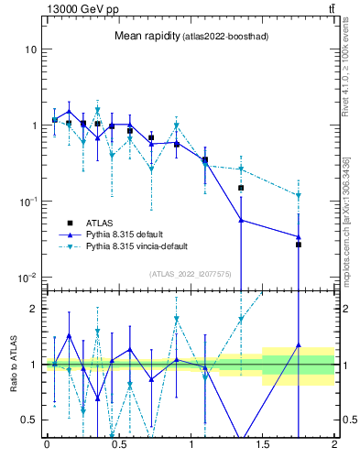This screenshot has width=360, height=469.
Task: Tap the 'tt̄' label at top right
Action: pos(331,8)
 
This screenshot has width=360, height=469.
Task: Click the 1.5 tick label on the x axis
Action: pos(263,445)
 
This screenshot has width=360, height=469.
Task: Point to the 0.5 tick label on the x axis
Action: pos(118,445)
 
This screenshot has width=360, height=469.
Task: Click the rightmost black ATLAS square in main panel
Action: pos(299,245)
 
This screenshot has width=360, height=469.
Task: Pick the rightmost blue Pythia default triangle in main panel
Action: pos(299,237)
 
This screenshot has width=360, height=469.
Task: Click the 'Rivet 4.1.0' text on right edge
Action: pos(346,55)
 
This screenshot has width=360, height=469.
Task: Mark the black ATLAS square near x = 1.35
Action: pos(241,188)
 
